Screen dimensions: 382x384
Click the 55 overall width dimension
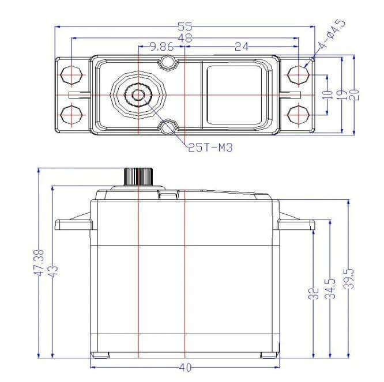[x=185, y=27]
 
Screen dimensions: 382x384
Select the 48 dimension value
[x=185, y=38]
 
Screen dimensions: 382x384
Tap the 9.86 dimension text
[x=162, y=47]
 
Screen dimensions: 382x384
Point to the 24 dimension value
[x=242, y=47]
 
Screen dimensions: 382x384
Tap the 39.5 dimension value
[x=350, y=279]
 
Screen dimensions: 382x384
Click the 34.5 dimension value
[x=330, y=287]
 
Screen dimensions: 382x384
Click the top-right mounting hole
[x=298, y=74]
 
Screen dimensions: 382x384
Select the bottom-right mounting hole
[x=298, y=112]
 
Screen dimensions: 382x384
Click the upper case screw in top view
[x=168, y=62]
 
